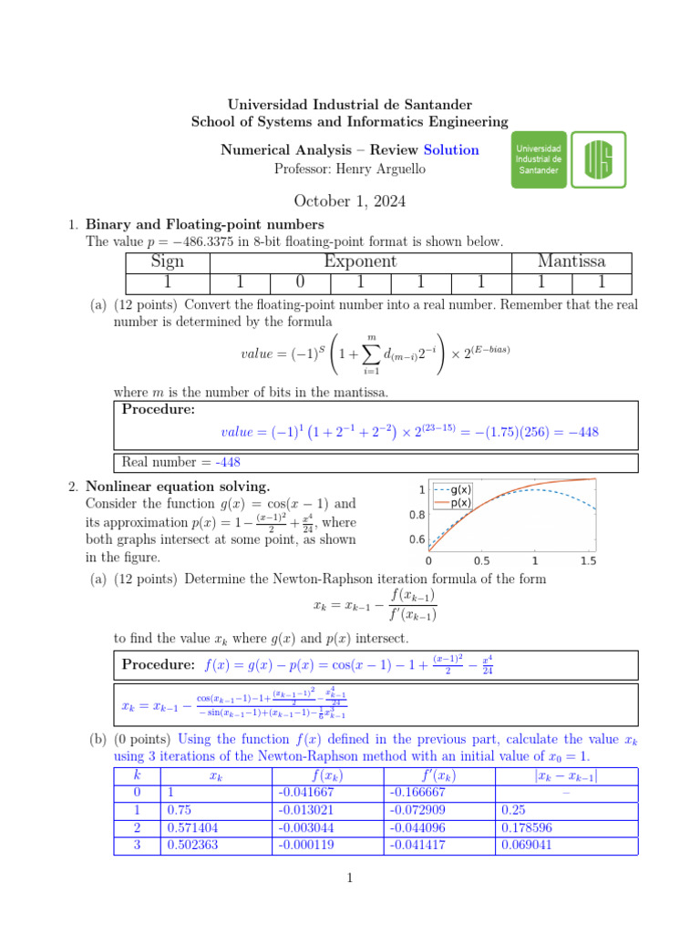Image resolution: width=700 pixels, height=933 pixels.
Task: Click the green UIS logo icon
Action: point(604,159)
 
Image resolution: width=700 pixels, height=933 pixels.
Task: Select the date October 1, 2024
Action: point(349,201)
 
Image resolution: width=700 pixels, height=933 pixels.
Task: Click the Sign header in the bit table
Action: point(167,261)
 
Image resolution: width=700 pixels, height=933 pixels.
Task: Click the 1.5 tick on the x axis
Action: point(587,560)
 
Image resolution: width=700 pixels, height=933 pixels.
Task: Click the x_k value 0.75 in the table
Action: point(179,808)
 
